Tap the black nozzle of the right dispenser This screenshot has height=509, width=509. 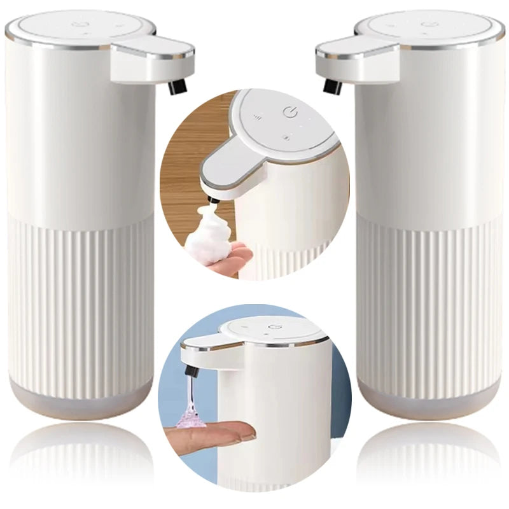[330, 86]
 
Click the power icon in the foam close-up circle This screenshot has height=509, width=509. [291, 114]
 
